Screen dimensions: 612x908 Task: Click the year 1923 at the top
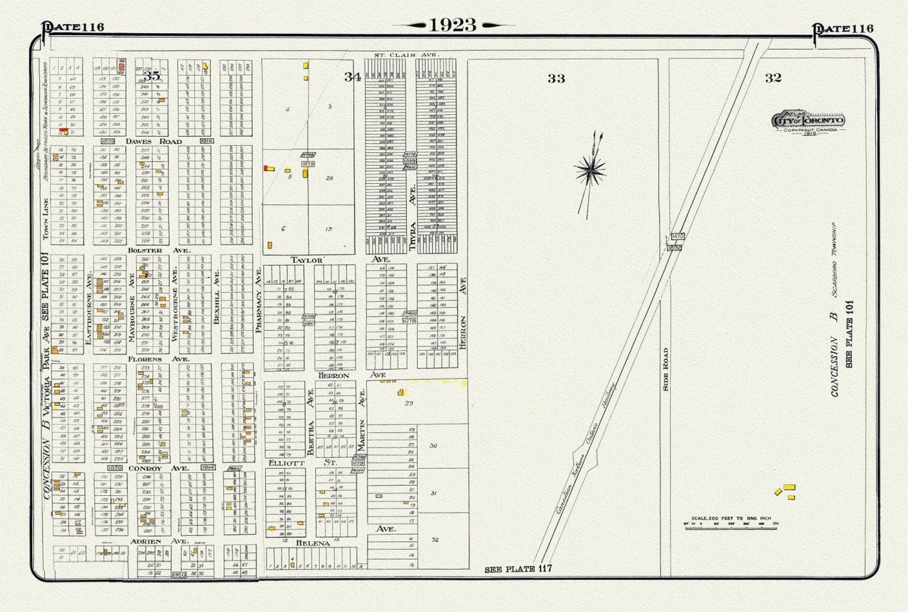point(452,25)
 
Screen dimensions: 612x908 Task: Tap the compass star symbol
point(590,169)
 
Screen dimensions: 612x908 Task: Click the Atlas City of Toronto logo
point(808,121)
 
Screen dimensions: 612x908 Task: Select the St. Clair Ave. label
point(406,55)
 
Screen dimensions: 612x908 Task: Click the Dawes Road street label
point(153,141)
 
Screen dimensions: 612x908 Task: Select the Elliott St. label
point(304,463)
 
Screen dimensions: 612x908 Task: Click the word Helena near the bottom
point(312,543)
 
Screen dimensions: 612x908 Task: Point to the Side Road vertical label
point(665,370)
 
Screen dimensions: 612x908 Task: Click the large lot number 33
point(555,78)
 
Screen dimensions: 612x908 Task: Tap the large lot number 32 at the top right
point(773,78)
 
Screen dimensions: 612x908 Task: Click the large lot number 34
point(352,77)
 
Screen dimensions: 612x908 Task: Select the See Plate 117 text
point(518,569)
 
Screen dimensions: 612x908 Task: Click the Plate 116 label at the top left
point(74,27)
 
